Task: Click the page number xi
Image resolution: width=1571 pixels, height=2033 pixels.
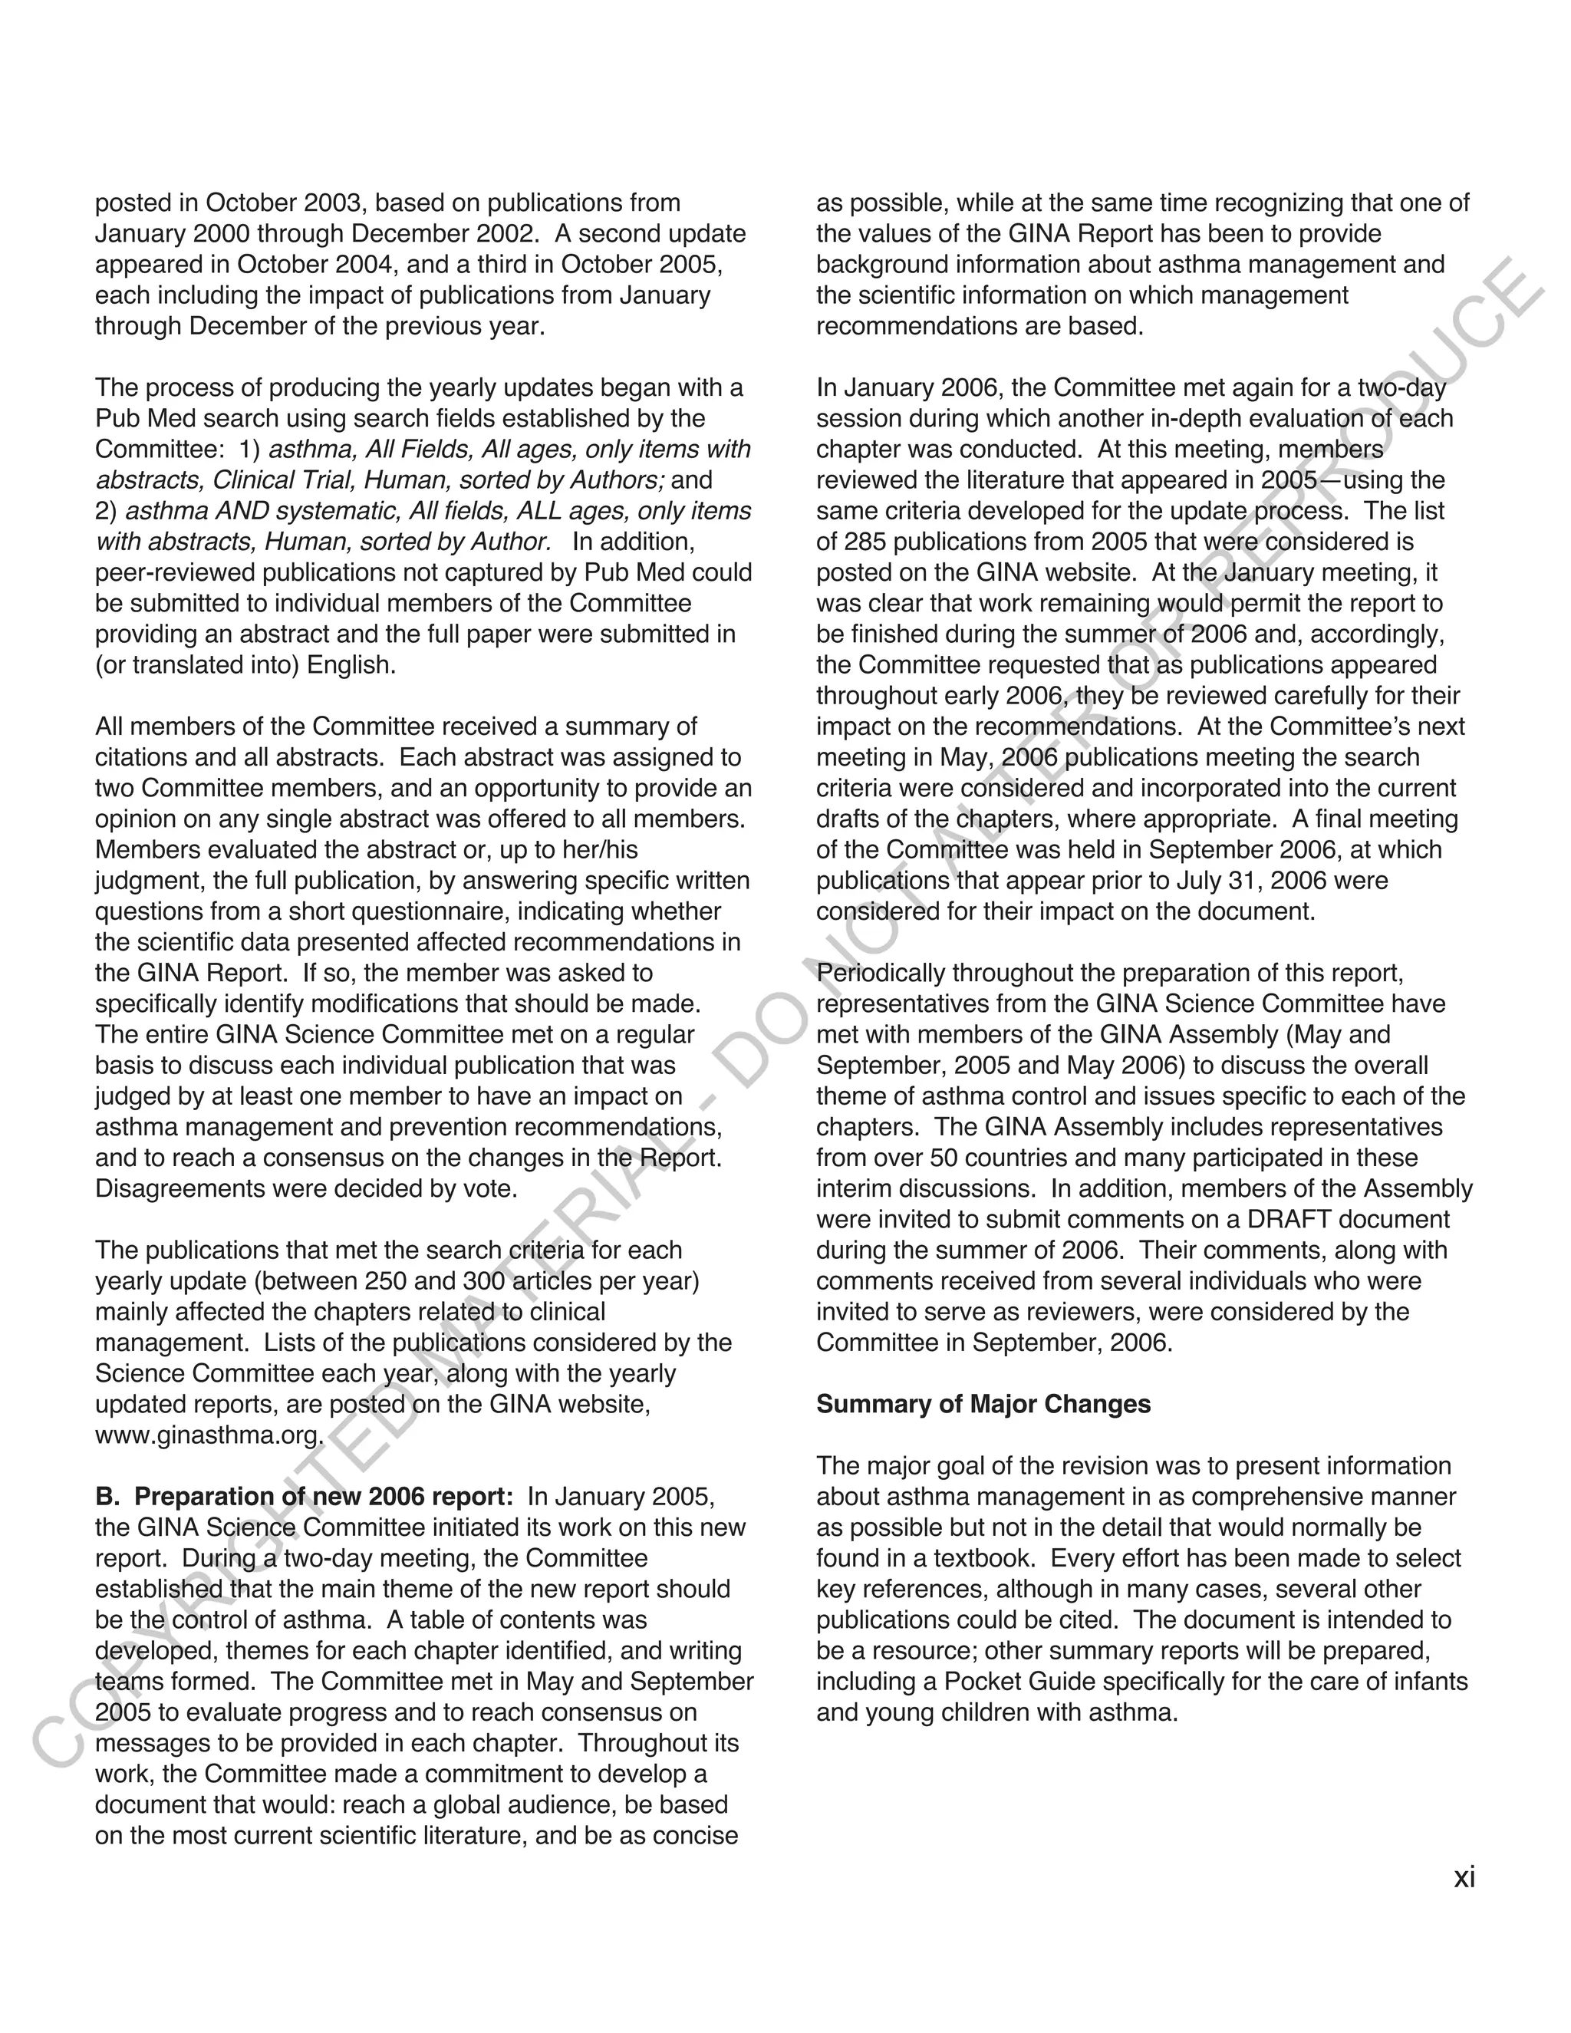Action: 1464,1877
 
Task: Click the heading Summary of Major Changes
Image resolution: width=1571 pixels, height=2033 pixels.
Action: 983,1404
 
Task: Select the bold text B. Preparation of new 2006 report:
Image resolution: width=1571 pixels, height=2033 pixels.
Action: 305,1496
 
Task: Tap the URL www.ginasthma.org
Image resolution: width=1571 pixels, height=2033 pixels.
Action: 209,1435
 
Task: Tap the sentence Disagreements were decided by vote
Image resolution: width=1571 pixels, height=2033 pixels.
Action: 305,1188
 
